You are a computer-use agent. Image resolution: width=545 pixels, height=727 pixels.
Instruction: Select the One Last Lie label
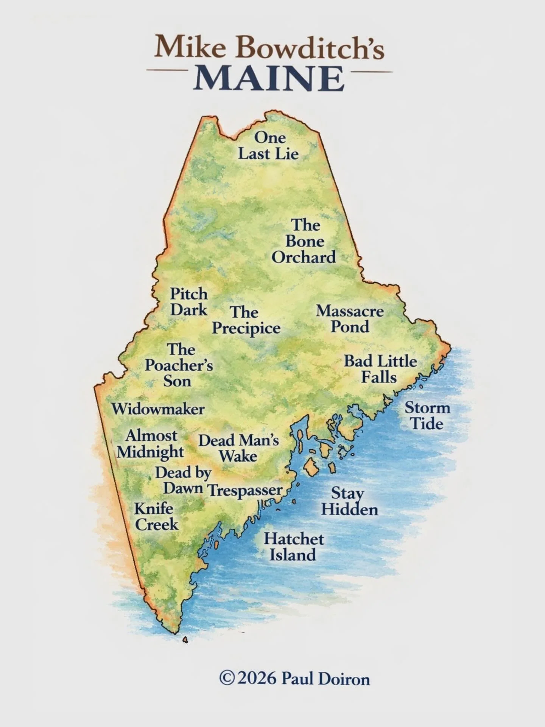point(268,146)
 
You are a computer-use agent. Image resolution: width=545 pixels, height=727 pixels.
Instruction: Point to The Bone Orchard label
point(304,241)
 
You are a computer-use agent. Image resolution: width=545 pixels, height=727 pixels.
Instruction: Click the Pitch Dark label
point(189,301)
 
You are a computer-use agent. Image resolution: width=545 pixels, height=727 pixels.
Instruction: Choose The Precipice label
point(246,320)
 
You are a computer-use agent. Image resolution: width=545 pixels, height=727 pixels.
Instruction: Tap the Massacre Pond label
point(350,319)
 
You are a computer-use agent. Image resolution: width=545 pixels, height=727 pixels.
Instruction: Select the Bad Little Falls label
point(380,369)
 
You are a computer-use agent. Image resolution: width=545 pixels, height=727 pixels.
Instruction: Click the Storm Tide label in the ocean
point(427,416)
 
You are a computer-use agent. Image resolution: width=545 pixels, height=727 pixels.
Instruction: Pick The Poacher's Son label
point(179,365)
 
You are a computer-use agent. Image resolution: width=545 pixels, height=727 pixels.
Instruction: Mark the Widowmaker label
point(158,409)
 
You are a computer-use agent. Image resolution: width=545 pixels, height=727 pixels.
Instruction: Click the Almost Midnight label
point(150,444)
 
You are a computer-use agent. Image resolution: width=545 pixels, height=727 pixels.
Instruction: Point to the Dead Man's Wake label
point(238,448)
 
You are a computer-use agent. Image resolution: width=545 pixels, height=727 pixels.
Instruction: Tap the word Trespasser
point(245,490)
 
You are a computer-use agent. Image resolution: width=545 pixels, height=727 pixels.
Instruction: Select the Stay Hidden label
point(349,501)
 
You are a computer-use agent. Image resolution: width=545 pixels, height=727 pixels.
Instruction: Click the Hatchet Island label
point(294,547)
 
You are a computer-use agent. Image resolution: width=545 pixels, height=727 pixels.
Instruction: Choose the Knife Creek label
point(156,516)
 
